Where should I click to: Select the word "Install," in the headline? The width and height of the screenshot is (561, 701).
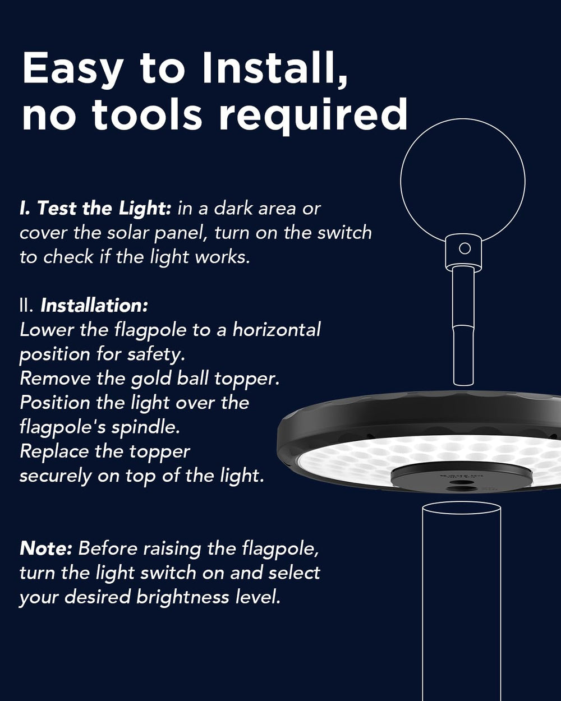point(275,69)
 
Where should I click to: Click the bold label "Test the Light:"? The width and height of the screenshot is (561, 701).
point(104,209)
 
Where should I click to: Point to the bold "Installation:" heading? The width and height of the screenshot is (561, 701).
point(94,306)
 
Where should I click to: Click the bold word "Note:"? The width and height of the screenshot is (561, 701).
point(45,548)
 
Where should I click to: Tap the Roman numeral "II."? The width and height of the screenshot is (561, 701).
point(26,306)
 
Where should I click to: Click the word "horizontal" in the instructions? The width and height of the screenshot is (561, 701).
point(277,330)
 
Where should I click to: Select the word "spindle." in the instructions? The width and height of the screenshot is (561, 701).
point(146,428)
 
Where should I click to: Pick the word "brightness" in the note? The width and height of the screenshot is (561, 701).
point(182,597)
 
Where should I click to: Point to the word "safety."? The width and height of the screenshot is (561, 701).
point(156,355)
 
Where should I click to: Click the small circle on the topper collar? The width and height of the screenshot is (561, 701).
point(464,248)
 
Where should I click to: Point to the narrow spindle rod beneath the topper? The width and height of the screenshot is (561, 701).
point(463,326)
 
